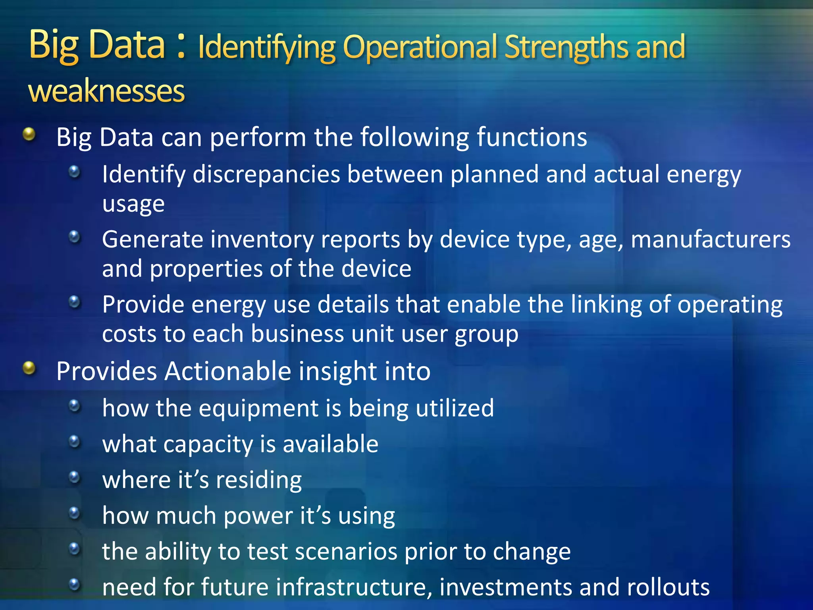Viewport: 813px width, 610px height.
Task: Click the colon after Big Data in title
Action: [x=181, y=46]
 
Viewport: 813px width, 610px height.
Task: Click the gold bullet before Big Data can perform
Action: [x=29, y=134]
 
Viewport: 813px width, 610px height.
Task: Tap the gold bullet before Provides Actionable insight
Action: [x=29, y=368]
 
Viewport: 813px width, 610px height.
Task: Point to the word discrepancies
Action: [x=266, y=175]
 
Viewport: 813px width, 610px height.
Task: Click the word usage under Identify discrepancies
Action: [x=133, y=204]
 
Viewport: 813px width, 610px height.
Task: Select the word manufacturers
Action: [x=711, y=239]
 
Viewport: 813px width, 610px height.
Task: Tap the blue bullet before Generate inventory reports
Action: [x=74, y=237]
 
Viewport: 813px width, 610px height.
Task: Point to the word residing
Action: [x=259, y=480]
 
